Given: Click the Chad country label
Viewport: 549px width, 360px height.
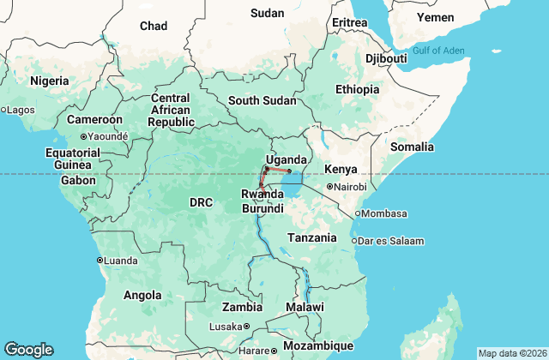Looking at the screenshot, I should (154, 27).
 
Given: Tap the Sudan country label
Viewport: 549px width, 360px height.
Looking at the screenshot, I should (267, 13).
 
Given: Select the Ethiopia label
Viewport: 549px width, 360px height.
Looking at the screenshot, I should (358, 89).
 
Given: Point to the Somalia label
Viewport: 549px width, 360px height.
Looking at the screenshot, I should (413, 147).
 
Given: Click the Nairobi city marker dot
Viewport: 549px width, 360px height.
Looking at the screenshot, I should (329, 187).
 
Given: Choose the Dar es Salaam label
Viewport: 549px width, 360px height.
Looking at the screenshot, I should (392, 241).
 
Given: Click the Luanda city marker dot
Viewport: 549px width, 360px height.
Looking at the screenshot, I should (100, 261).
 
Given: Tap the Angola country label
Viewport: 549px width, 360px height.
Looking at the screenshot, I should (142, 295).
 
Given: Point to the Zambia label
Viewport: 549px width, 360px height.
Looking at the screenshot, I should (242, 307).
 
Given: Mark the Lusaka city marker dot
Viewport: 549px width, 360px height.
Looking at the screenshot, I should (246, 327).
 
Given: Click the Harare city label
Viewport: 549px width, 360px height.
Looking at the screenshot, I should (254, 351).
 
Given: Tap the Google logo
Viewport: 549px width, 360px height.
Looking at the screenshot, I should (28, 350).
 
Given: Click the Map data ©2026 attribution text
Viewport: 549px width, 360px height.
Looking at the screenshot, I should (511, 353).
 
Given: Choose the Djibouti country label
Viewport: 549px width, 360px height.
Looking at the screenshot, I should (386, 58).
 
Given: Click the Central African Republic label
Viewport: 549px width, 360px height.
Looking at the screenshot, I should (170, 110).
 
